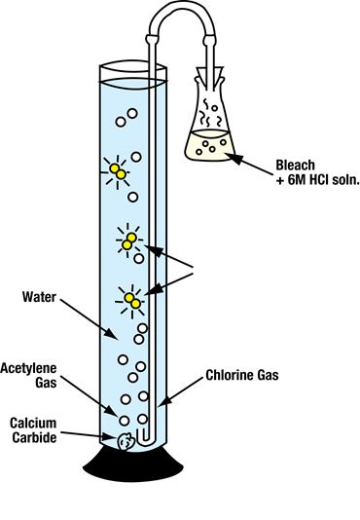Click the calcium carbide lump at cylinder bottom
tap(124, 441)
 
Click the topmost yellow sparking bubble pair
tap(119, 172)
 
